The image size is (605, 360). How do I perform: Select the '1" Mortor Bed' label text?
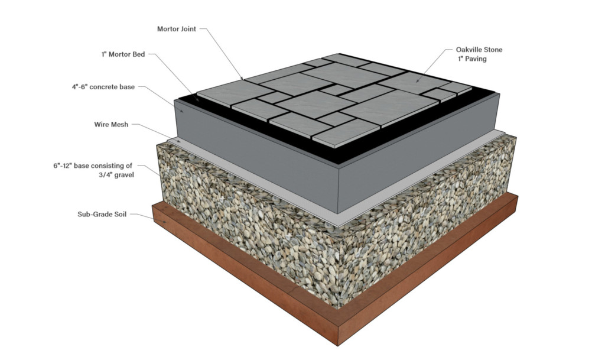122,54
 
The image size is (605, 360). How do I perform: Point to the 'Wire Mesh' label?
110,125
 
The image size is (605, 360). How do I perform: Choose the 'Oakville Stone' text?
479,50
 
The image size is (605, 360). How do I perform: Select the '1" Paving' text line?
471,59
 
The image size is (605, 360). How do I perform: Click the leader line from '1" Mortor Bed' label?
177,77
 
